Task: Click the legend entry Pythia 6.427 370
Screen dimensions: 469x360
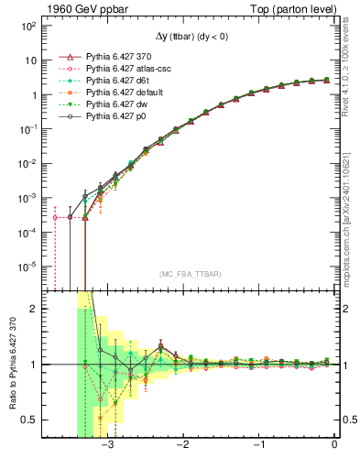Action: pos(120,57)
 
